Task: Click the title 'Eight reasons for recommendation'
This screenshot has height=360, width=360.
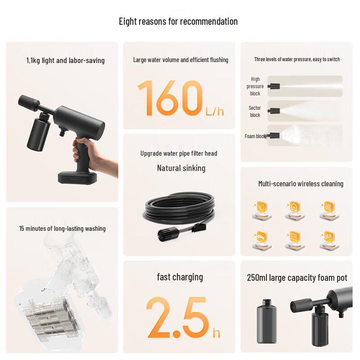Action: [178, 21]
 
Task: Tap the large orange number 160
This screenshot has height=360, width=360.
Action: [170, 98]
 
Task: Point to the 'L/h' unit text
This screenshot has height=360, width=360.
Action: [214, 110]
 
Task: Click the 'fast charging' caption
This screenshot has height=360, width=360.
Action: [180, 277]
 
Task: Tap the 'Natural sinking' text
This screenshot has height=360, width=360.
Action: [181, 168]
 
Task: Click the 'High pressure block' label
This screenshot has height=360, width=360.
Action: [255, 86]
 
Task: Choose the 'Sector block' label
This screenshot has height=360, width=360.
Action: [255, 111]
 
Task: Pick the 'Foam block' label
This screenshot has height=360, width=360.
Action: [255, 136]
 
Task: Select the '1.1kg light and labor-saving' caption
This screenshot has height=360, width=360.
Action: [65, 60]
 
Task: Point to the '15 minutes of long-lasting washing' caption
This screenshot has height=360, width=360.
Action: [62, 228]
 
